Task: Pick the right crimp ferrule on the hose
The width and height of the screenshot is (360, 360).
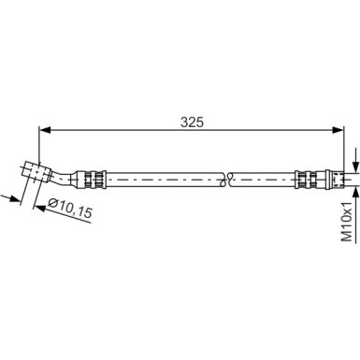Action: point(309,176)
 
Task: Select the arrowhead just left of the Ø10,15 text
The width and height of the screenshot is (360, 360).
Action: point(40,206)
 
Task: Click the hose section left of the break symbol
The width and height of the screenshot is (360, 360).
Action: point(159,176)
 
